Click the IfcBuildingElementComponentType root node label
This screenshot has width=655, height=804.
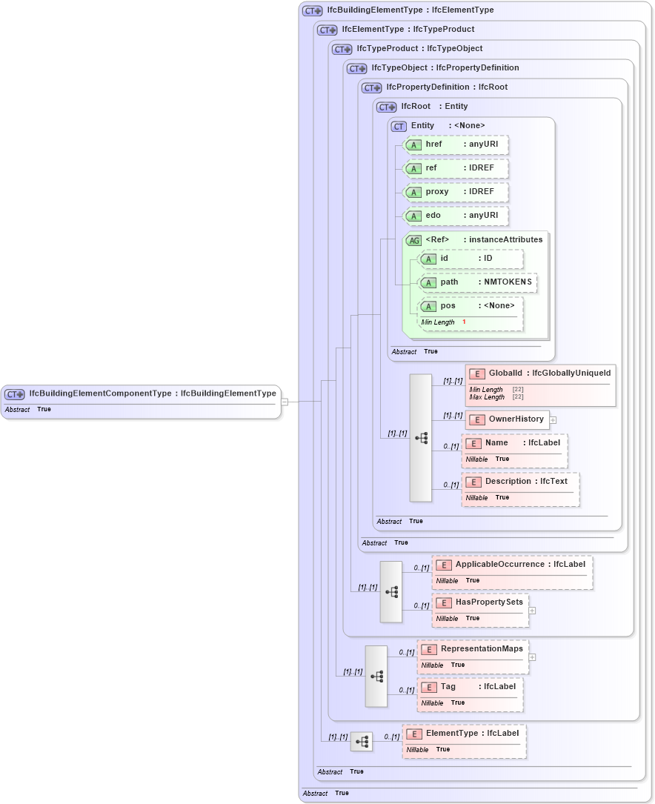click(x=152, y=393)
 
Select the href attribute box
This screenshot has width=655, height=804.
click(x=455, y=144)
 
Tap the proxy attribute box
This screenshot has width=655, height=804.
click(x=455, y=192)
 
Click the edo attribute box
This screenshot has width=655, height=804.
click(x=455, y=216)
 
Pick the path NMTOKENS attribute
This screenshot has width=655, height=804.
click(x=478, y=282)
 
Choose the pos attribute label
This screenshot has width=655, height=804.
click(x=448, y=305)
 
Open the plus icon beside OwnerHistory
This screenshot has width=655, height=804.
click(x=553, y=420)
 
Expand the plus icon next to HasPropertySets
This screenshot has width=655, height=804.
click(x=532, y=611)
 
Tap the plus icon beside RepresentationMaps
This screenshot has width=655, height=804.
click(x=532, y=657)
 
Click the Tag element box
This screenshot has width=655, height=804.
click(x=470, y=687)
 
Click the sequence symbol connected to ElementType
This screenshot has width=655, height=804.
click(x=362, y=741)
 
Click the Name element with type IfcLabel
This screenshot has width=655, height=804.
click(x=514, y=443)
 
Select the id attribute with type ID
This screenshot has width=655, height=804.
click(x=471, y=259)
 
